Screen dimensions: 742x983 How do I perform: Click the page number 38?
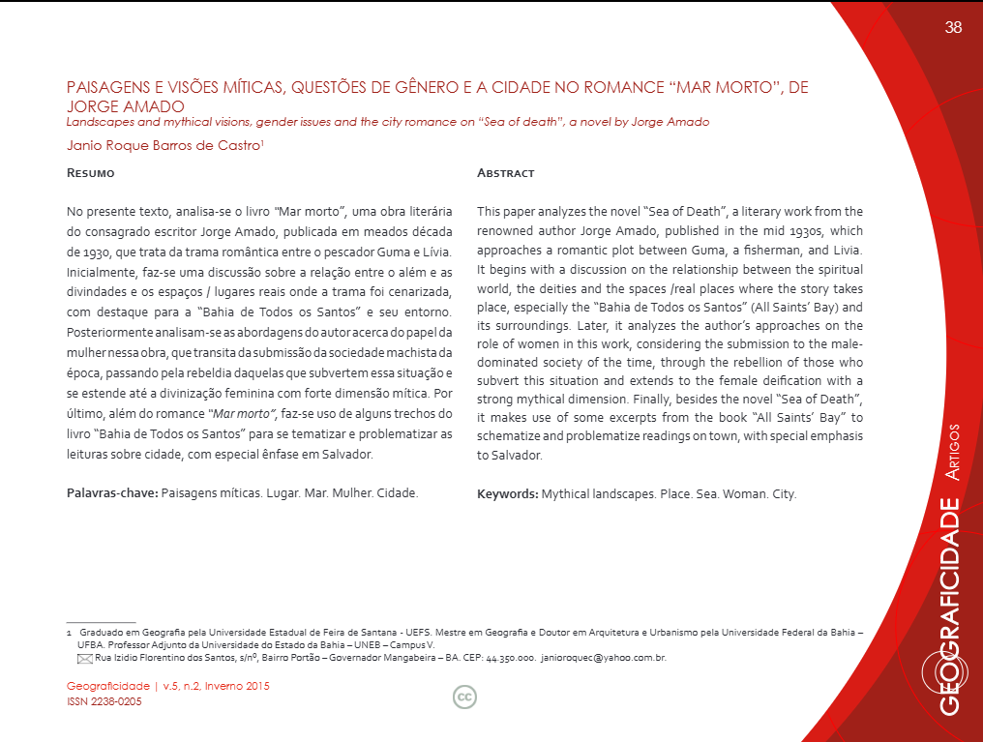point(953,27)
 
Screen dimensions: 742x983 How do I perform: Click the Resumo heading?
point(90,173)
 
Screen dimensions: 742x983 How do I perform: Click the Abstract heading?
point(505,173)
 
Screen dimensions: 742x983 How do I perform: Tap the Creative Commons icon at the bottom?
point(464,697)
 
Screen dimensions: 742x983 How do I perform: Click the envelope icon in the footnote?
point(84,658)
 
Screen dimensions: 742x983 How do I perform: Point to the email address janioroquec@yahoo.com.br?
point(603,658)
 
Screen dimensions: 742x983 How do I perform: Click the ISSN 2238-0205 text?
point(104,701)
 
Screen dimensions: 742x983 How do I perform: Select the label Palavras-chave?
point(110,493)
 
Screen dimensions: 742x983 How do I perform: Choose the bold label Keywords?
point(507,493)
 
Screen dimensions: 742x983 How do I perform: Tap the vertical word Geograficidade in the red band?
point(951,606)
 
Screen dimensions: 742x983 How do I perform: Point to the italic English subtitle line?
point(387,122)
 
